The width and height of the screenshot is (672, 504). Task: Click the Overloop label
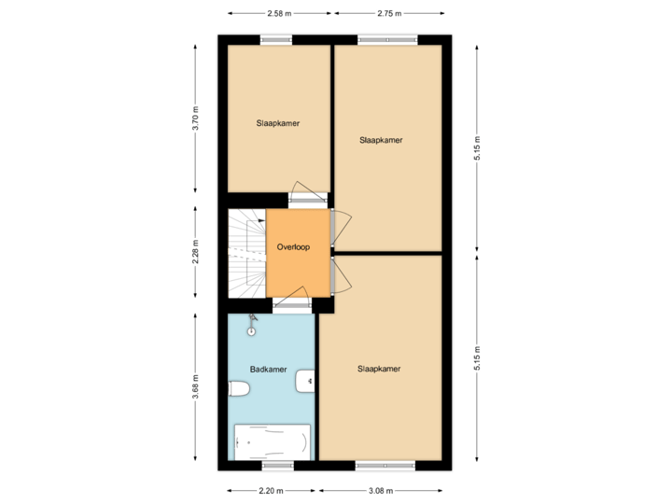click(x=292, y=247)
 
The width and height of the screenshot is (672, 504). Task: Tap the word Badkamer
click(x=268, y=370)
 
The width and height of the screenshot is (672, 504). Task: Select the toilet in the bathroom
click(x=239, y=388)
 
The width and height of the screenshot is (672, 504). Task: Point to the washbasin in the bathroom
click(x=305, y=381)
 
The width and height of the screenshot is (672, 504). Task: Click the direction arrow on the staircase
click(x=260, y=222)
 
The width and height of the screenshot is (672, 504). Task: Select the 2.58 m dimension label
click(x=278, y=14)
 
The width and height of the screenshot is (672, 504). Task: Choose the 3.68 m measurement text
click(x=196, y=387)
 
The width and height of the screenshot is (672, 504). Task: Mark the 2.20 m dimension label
click(x=271, y=490)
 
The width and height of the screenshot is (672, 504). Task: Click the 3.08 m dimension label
click(x=381, y=490)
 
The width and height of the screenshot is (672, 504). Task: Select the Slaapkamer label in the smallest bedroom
click(x=278, y=122)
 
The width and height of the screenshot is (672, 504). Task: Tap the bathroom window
click(x=277, y=466)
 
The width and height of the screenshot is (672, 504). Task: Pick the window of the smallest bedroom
click(x=277, y=39)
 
